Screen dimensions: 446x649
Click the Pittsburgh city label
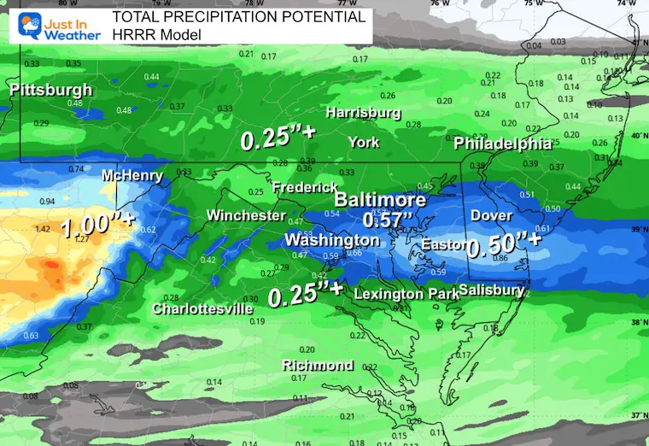51,90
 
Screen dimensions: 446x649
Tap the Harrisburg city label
363,113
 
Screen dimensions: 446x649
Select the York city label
364,142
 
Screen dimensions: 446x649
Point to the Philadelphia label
502,143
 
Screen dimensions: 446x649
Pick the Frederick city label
299,187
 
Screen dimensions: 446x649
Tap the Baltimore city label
379,200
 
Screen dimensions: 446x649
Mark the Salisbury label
491,290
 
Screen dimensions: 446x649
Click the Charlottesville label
202,308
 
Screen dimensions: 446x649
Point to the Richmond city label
318,366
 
